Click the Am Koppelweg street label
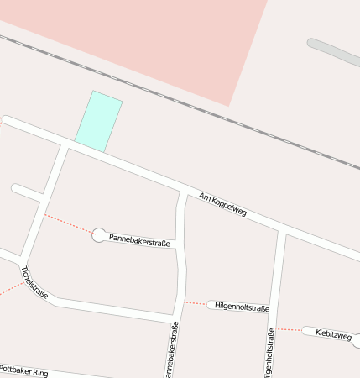coord(222,205)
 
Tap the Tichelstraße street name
coord(34,283)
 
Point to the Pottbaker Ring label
coord(24,369)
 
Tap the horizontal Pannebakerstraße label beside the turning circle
coord(140,241)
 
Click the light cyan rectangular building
coord(99,121)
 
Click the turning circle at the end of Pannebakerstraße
coord(99,235)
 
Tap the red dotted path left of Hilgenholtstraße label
coord(195,302)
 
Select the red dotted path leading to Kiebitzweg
coord(289,329)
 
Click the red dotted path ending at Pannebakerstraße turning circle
coord(68,223)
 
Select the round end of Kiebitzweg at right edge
coord(356,340)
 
